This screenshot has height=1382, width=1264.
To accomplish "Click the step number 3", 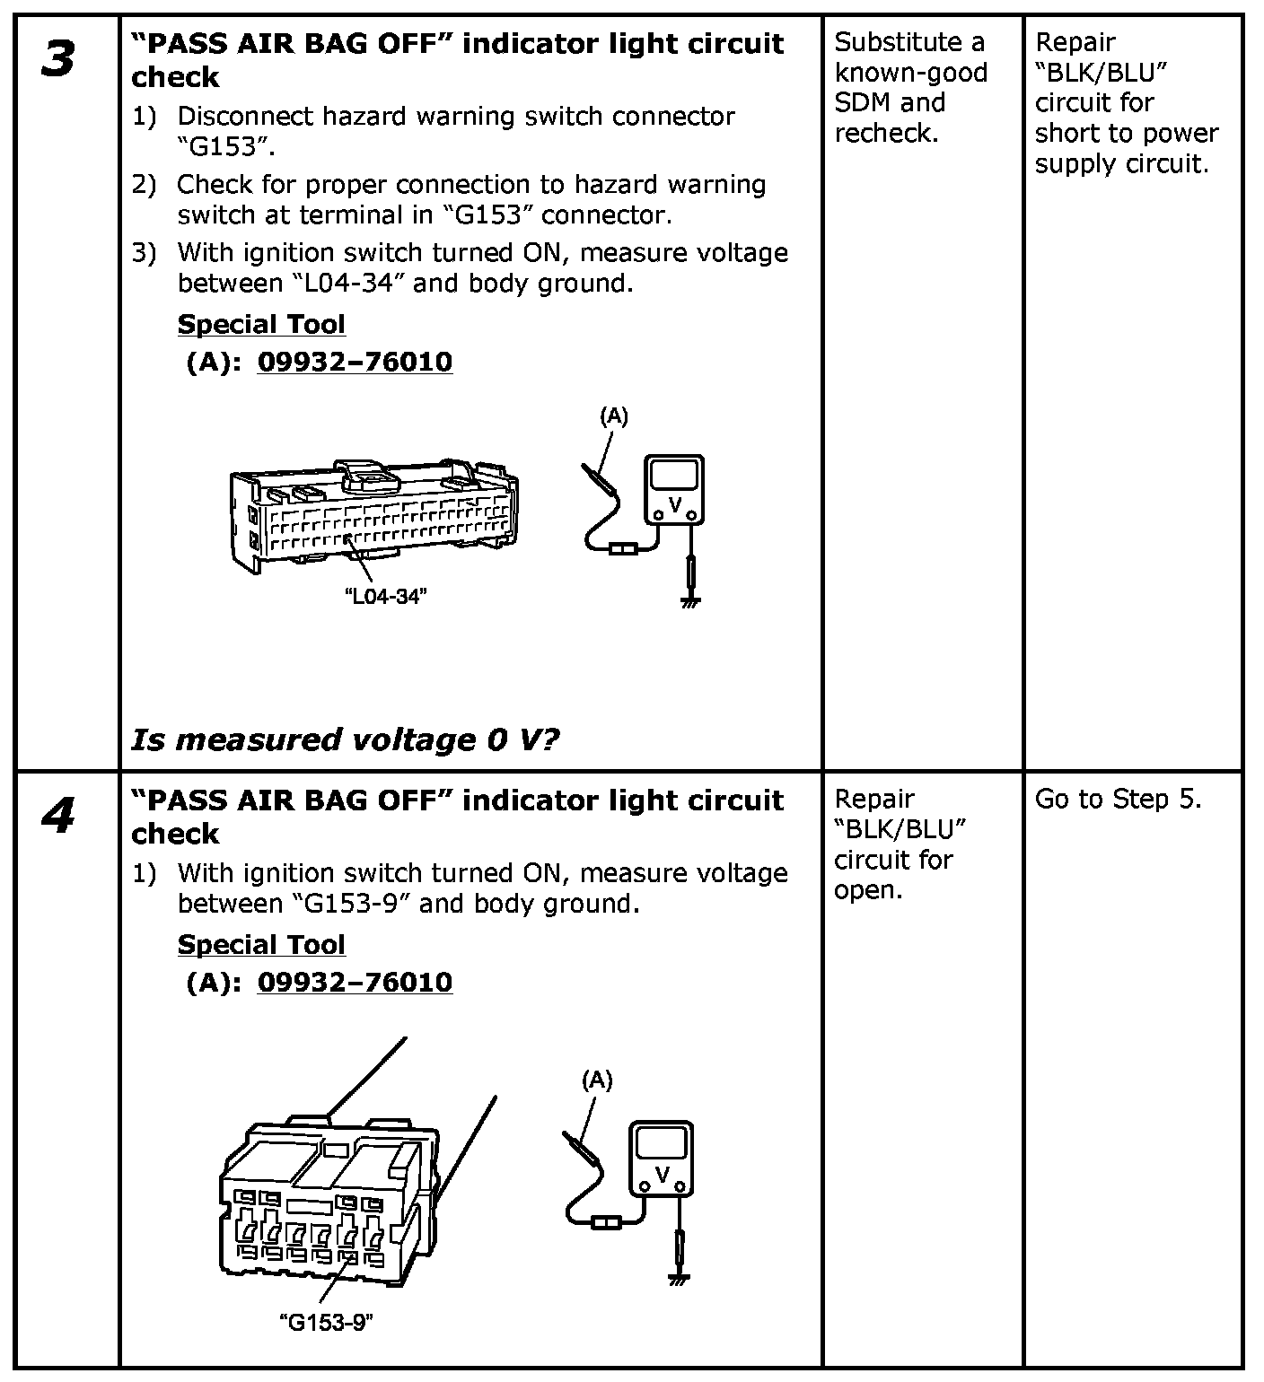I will point(57,61).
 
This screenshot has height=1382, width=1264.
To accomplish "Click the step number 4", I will point(57,817).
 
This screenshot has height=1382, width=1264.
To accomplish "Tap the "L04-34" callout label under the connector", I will point(385,597).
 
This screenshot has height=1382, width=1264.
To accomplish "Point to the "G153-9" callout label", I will point(326,1322).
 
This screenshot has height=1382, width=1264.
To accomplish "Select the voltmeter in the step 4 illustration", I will point(660,1159).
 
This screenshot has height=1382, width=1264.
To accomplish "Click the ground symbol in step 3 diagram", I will point(689,602).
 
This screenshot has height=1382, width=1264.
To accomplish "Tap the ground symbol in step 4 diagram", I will point(679,1278).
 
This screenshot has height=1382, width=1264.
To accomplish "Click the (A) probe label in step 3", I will point(614,415).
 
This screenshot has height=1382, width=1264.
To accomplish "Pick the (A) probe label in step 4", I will point(597,1081).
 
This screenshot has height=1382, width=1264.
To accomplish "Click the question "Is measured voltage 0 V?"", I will point(346,739).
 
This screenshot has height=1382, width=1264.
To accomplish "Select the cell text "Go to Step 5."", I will point(1118,800).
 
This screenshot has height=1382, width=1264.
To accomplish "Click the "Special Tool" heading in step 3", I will point(261,324).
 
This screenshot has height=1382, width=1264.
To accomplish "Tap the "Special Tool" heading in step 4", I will point(261,945).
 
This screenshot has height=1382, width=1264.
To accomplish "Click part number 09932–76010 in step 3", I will point(355,362).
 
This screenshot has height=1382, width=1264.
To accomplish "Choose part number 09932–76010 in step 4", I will point(355,983).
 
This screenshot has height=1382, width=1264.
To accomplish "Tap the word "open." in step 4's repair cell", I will point(868,890).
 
